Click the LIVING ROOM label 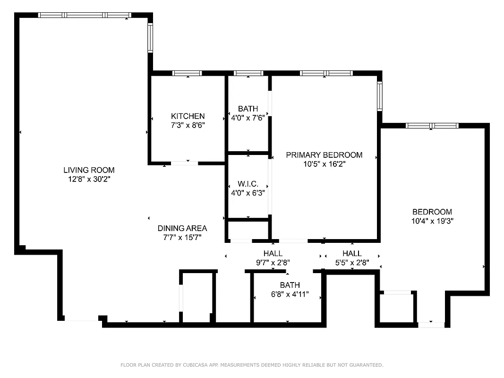(89, 170)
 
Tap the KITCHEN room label (188, 116)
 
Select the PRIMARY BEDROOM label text (324, 155)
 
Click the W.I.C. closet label (248, 184)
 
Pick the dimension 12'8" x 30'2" (89, 179)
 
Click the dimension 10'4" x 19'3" (432, 221)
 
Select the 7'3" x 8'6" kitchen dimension (188, 125)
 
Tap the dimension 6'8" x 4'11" (290, 294)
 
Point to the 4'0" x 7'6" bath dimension (248, 118)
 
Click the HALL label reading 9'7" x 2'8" (273, 254)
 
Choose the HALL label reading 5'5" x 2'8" (352, 254)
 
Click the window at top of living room (85, 15)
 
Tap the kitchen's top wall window (187, 73)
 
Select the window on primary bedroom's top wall (326, 73)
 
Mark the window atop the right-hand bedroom (432, 126)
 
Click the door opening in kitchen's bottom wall (184, 163)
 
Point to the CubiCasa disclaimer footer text (252, 365)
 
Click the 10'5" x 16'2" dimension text (324, 164)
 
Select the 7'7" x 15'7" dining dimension (182, 238)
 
